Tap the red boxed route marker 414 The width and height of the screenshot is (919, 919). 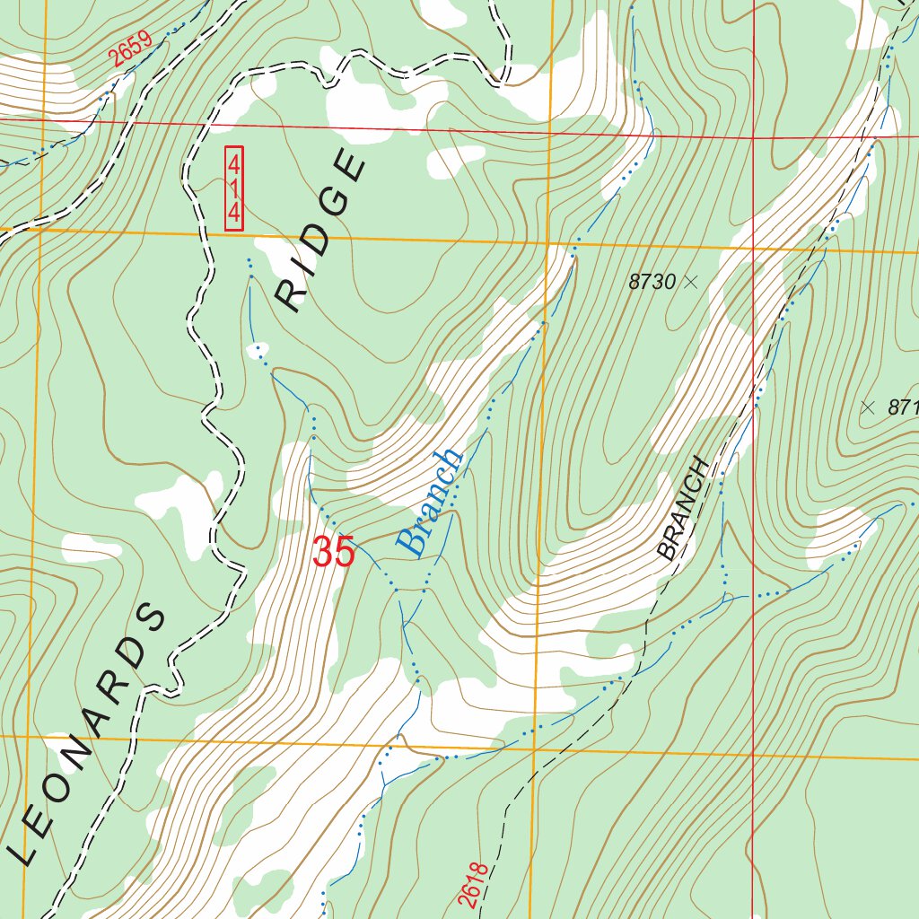(x=234, y=188)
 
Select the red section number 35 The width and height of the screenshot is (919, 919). (x=334, y=553)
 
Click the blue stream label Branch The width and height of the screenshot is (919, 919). (x=431, y=503)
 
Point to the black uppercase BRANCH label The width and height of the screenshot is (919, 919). (x=684, y=509)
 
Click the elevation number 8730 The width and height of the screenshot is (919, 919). (x=652, y=282)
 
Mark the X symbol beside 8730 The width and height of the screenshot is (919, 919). (x=690, y=282)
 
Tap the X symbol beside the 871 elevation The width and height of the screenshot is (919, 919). (x=867, y=407)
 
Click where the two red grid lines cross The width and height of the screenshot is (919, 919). (x=753, y=138)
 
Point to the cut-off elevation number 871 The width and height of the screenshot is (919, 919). (x=902, y=407)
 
